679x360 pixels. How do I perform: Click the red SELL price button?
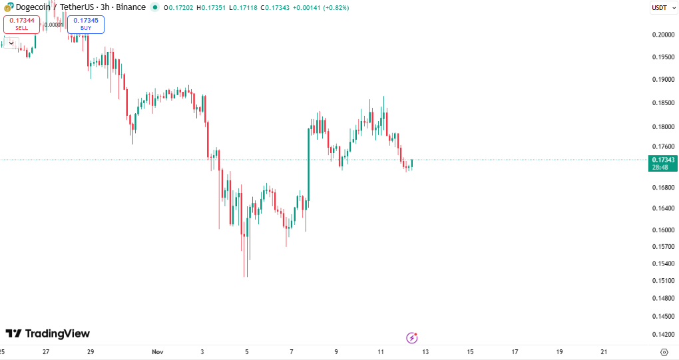click(x=21, y=25)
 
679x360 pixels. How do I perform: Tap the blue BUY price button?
click(x=86, y=25)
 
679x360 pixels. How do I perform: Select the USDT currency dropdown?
click(x=662, y=8)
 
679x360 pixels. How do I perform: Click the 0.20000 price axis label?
click(x=662, y=35)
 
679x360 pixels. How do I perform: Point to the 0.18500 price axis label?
click(x=662, y=103)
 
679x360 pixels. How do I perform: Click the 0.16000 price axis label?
click(x=662, y=230)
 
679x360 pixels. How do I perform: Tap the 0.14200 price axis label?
click(x=662, y=335)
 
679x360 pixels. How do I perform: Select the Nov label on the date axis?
click(x=157, y=351)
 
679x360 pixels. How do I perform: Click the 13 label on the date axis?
click(x=425, y=351)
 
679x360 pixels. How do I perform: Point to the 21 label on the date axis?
click(x=604, y=351)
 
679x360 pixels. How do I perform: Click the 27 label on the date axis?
click(x=46, y=351)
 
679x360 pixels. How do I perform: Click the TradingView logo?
click(x=48, y=333)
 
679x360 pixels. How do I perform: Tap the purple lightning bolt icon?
click(x=411, y=338)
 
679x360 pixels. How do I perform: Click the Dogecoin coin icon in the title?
click(x=8, y=7)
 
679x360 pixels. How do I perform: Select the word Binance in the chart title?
click(x=131, y=7)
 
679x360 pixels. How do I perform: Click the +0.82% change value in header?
click(x=334, y=8)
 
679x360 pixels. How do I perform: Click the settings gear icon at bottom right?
click(x=664, y=352)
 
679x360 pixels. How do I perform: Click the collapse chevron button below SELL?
click(x=11, y=43)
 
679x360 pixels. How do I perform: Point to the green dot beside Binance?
click(x=155, y=7)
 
